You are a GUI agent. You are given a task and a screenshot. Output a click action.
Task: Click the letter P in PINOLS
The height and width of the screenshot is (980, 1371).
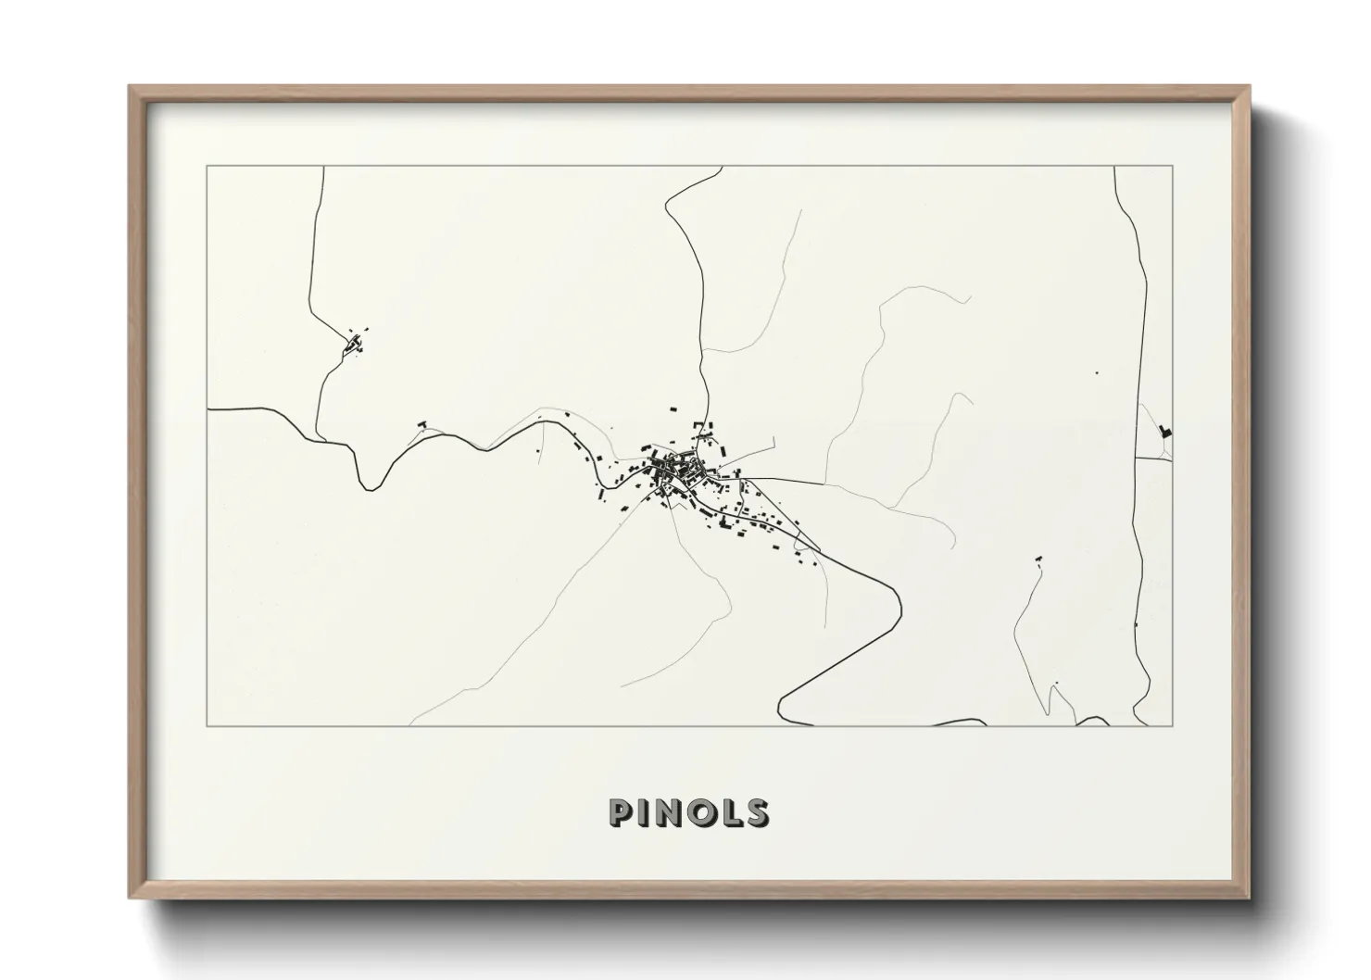pos(619,812)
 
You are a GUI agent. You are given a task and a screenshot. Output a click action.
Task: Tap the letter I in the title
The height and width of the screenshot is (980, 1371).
pos(644,812)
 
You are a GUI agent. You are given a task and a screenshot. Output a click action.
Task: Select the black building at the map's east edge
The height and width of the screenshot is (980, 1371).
pos(1165,431)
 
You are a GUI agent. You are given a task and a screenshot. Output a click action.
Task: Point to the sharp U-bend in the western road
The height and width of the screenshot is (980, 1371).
pos(370,485)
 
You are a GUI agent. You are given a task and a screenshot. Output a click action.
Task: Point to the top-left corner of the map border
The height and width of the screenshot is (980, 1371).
pos(208,167)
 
